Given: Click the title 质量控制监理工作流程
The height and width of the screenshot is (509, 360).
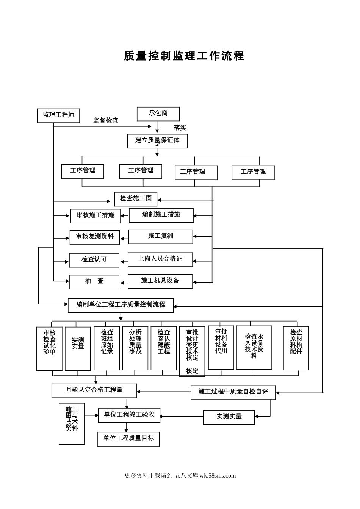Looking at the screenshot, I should tap(184, 56).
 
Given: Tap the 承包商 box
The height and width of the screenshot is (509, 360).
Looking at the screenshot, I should tap(158, 114).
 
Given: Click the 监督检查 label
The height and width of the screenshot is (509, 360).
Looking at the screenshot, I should tap(106, 120).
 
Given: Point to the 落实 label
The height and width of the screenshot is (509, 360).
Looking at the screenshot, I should tap(180, 128).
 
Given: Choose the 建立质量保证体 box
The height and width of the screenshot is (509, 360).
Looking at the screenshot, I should tap(157, 141).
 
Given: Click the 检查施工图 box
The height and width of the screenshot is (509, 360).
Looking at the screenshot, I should tap(136, 199).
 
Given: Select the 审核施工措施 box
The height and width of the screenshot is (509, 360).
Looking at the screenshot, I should tap(95, 216).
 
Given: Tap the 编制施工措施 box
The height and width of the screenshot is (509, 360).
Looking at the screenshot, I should tap(161, 215).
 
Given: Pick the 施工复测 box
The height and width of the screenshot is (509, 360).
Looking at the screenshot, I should tap(161, 236).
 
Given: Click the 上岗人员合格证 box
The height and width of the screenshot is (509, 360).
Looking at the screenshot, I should tap(160, 259).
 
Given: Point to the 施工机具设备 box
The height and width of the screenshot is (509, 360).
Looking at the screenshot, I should tap(160, 281).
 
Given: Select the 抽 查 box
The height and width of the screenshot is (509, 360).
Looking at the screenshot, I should tap(94, 282).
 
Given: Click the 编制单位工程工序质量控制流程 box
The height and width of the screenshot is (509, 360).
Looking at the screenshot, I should tap(121, 305).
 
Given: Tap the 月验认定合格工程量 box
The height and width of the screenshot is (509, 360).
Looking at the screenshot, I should tap(94, 390).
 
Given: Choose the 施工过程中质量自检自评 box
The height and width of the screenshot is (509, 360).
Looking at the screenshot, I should tap(233, 392).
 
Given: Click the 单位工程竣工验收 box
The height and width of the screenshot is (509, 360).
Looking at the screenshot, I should tap(129, 415).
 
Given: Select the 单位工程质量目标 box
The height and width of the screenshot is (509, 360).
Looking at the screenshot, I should tap(128, 439).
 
